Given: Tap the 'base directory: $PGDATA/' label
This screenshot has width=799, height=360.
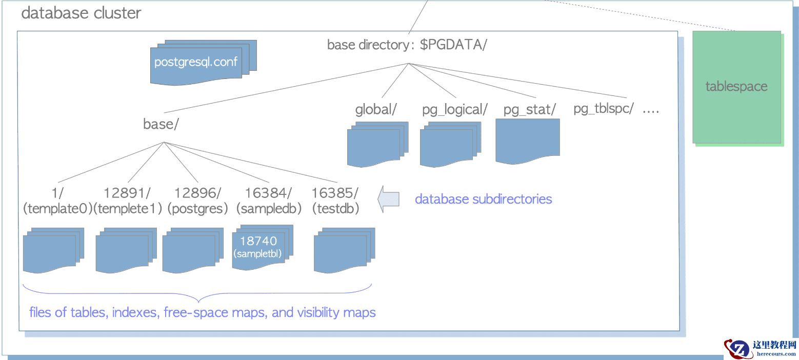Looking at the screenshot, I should pos(407,45).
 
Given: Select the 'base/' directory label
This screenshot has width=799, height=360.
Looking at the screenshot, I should pos(161,125).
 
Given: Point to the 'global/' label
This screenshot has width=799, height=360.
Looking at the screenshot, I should pos(376,110).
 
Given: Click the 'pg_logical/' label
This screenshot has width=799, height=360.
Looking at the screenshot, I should pos(454,110).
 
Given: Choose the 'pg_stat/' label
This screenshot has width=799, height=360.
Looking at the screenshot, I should pos(530,110).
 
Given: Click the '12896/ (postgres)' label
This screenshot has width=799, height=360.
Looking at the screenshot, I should pos(198,201).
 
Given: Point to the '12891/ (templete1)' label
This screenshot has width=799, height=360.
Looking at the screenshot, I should pos(128,201).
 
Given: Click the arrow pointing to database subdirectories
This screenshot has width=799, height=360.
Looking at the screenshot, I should pos(389,199).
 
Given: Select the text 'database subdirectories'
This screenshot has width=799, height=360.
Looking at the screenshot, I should pos(483,199).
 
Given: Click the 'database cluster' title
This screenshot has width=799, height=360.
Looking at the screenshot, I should pos(81,13).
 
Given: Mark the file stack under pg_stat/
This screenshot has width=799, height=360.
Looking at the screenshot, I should pos(528,141).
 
